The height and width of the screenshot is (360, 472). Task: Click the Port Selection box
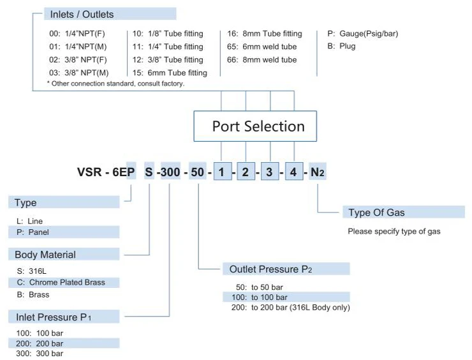tap(258, 126)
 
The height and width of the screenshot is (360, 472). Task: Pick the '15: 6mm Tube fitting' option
tap(170, 73)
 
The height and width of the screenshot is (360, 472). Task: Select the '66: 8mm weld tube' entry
tap(262, 60)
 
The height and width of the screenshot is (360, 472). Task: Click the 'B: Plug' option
tap(341, 47)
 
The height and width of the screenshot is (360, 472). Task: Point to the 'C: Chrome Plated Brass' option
tap(61, 282)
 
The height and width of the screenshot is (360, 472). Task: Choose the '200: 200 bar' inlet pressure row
tap(40, 343)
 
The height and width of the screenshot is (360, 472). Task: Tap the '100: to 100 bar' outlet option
tap(262, 297)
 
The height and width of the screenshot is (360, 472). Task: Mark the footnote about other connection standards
tap(115, 84)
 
